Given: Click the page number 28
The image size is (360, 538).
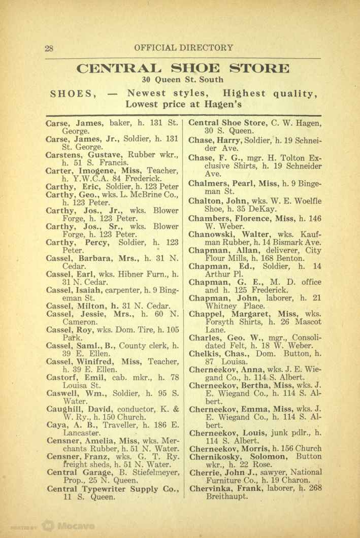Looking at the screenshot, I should click(x=49, y=48).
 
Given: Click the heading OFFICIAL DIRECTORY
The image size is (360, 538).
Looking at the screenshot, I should click(x=184, y=48).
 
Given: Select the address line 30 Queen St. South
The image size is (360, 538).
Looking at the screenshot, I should click(x=183, y=80).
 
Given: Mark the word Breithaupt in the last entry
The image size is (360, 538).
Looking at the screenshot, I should click(x=227, y=498).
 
